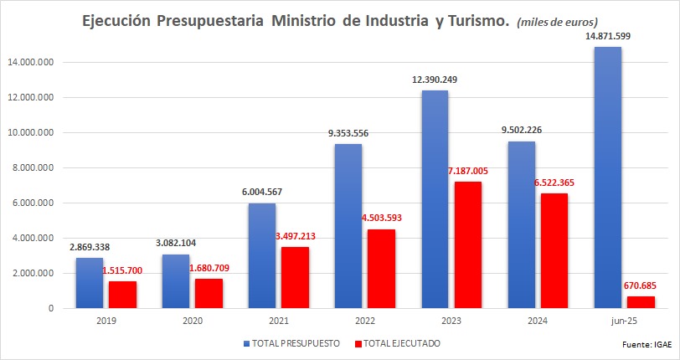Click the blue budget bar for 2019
coord(90,283)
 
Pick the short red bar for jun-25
coord(640,302)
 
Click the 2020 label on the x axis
coord(193,321)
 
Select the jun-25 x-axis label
coord(623,321)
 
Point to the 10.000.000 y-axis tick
coord(29,132)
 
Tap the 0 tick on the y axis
coord(52,308)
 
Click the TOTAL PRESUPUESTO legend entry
coord(292,342)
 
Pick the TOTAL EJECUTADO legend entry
coord(398,342)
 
